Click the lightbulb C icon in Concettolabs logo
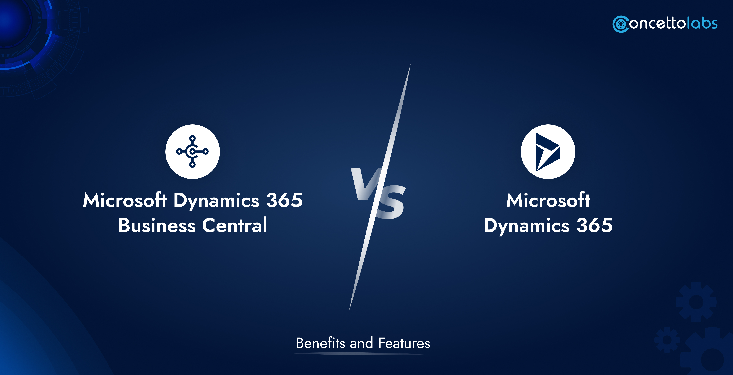click(x=621, y=24)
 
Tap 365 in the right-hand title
click(x=594, y=225)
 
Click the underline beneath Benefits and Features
click(x=359, y=354)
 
